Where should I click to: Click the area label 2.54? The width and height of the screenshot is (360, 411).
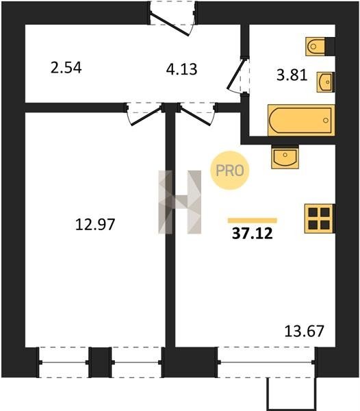point(66,68)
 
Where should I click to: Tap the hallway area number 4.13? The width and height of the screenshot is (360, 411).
point(181,69)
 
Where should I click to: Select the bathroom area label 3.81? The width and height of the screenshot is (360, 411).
point(292,75)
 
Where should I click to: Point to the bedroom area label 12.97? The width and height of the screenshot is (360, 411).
point(95,225)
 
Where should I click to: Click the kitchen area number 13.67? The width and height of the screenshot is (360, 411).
point(305,331)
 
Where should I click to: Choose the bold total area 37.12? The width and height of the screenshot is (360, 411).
point(253,234)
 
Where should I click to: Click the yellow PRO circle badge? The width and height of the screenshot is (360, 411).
point(230,171)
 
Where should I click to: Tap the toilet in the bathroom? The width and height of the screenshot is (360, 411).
point(316,47)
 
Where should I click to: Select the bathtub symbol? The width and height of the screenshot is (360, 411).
point(301,120)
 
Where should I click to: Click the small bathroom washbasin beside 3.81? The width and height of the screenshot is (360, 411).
point(326,82)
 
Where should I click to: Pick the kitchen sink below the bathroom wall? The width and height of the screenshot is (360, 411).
point(285,157)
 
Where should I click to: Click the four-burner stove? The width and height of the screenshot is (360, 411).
point(319,219)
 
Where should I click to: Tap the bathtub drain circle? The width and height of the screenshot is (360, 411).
point(326,121)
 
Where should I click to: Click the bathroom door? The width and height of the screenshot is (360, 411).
point(238,75)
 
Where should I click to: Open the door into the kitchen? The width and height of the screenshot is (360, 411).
point(197,114)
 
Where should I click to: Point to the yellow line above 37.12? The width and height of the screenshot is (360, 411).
point(253,221)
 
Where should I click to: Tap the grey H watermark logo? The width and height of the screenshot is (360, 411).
point(179,202)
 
